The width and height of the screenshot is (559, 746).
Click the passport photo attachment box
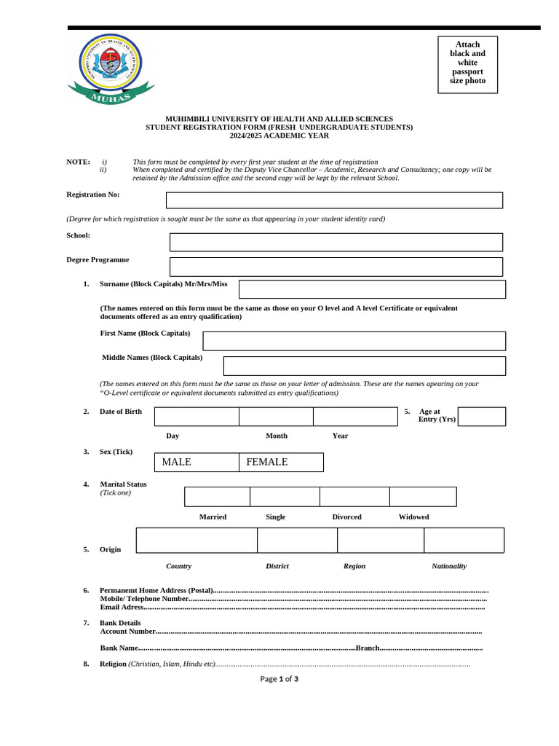click(x=467, y=65)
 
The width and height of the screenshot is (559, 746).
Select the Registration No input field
click(x=334, y=200)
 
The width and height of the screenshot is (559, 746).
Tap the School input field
click(x=336, y=242)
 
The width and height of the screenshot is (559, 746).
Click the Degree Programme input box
click(x=336, y=267)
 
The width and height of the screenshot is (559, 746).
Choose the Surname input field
click(x=372, y=289)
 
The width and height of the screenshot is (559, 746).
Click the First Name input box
click(x=354, y=341)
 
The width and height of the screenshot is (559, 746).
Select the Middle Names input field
click(x=364, y=366)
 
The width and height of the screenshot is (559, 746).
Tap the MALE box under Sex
click(x=197, y=462)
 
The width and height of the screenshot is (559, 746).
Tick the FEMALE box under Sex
click(x=281, y=462)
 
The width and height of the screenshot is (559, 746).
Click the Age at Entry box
click(x=481, y=417)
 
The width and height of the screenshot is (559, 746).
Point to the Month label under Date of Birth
click(x=277, y=436)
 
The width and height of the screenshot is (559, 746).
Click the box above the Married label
click(x=217, y=497)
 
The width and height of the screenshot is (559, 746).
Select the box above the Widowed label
click(x=423, y=497)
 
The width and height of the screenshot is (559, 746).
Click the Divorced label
click(x=346, y=517)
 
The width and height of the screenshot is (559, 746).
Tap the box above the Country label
click(x=197, y=541)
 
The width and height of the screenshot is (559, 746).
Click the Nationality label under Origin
click(x=449, y=566)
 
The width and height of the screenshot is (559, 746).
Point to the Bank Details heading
click(x=120, y=623)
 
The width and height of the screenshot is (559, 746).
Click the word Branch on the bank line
click(x=368, y=648)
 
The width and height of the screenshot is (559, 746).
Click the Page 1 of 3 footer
click(x=279, y=679)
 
